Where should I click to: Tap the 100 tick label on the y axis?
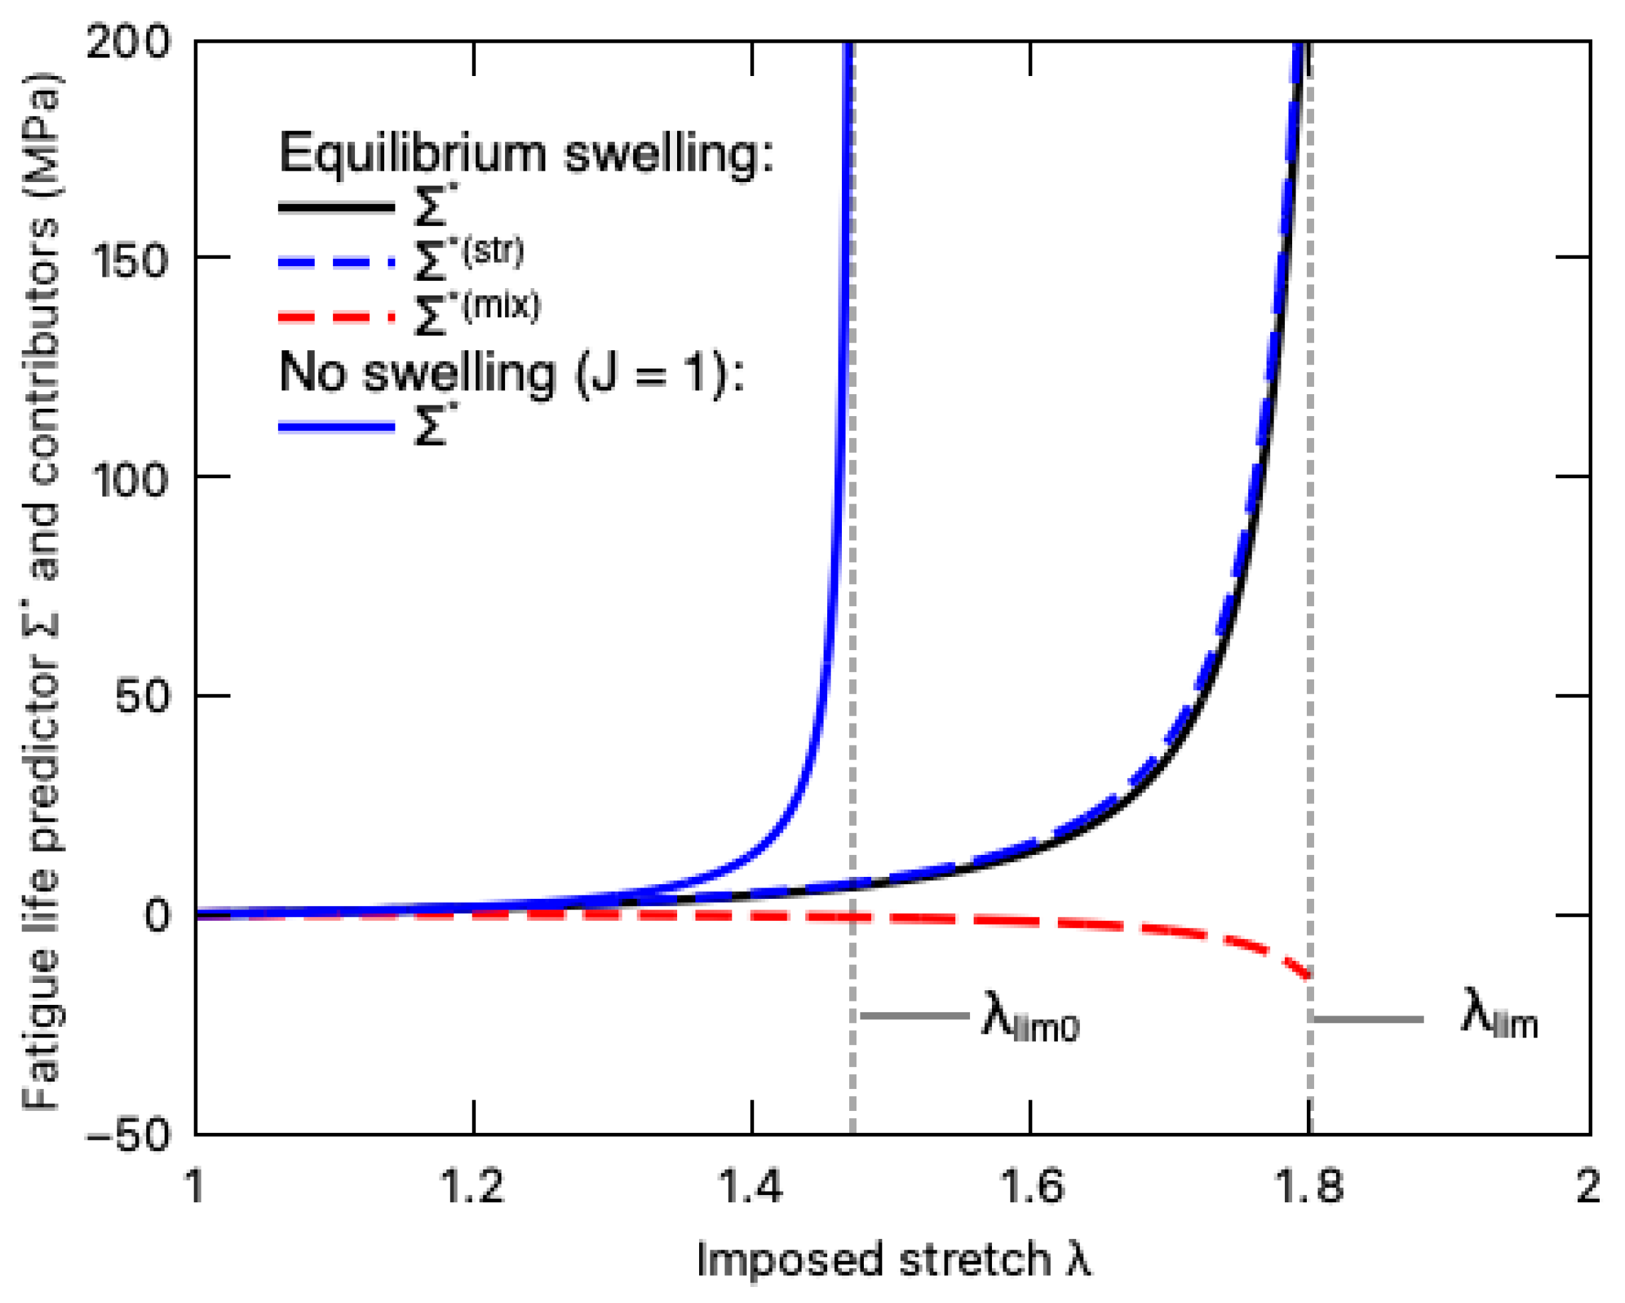[x=129, y=480]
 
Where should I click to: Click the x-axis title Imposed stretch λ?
[x=893, y=1259]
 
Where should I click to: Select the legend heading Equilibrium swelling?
[x=526, y=152]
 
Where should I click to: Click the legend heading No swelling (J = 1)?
[x=511, y=372]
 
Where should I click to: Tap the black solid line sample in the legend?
[x=336, y=207]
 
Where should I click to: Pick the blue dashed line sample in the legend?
[x=336, y=262]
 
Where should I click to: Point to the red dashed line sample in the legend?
[x=336, y=317]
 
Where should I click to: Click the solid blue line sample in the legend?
[x=336, y=427]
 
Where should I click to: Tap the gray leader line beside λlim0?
[x=915, y=1016]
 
